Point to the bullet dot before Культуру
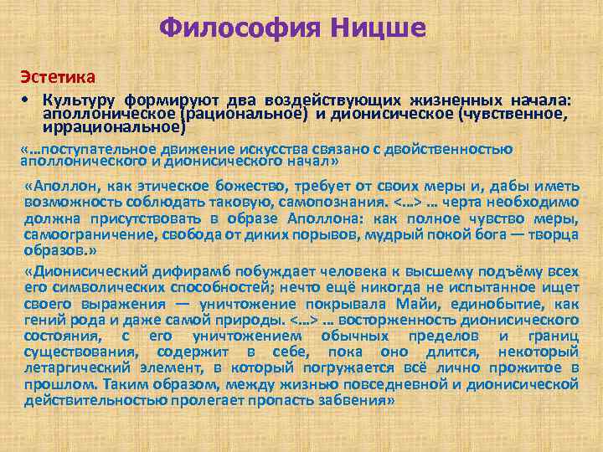pos(27,98)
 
